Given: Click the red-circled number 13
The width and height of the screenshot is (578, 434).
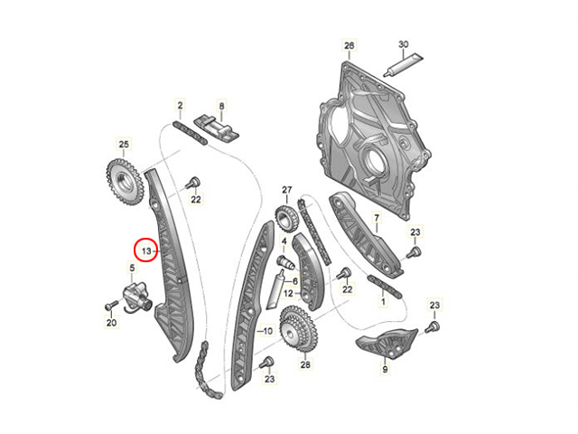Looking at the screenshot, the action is point(146,251).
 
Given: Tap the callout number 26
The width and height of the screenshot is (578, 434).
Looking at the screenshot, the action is point(349,45).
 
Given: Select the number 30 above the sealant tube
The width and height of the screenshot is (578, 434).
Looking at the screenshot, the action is point(404,44).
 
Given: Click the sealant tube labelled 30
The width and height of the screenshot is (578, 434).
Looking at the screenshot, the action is point(403,65).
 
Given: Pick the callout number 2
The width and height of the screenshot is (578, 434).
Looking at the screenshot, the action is point(180,106).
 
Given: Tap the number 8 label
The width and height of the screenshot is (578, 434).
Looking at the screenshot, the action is point(221,107).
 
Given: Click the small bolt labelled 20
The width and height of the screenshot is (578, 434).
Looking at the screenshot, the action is point(110,306).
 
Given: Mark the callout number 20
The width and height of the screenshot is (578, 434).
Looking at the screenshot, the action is point(111,323).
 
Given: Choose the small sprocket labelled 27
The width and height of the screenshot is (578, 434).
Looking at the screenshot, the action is point(286,219).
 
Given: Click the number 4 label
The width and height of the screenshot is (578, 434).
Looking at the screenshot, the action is point(284,241).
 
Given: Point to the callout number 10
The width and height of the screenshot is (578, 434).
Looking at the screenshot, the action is point(267,331).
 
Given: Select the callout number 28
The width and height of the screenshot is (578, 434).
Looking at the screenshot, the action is point(305,364).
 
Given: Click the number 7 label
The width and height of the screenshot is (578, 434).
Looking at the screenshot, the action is point(377,219).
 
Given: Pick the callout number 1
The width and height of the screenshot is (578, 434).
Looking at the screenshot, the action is point(383,301).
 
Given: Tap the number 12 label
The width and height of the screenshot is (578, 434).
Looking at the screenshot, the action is point(288,293).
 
